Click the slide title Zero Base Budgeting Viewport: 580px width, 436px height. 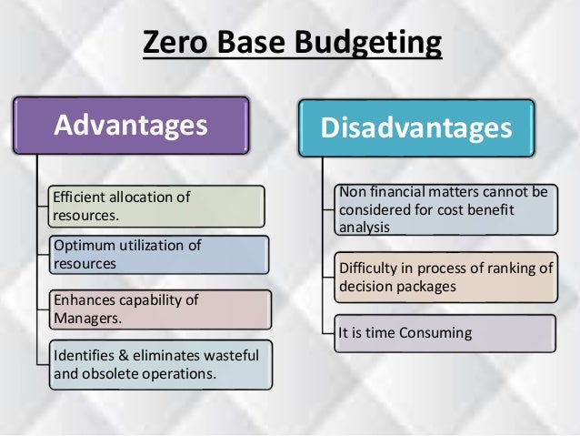[291, 44]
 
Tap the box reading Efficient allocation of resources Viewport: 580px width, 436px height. [157, 206]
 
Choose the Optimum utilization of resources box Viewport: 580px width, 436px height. [159, 255]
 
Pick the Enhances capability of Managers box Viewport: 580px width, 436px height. [159, 309]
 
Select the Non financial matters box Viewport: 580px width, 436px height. [445, 209]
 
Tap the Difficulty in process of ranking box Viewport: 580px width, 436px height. [445, 277]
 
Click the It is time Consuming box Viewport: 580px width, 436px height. [445, 333]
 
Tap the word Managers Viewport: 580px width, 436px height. [86, 319]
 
